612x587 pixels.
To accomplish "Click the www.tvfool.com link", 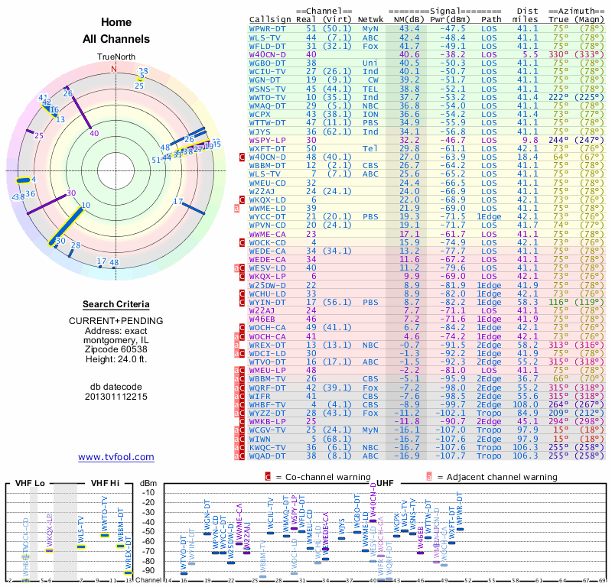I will point(116,457).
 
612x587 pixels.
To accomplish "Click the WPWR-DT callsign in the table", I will point(269,28).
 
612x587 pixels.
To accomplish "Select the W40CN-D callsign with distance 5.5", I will point(268,55).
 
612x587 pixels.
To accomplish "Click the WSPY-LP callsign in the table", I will point(268,141).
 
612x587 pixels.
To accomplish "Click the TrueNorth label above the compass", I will point(116,57).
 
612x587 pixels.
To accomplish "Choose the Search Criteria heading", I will point(116,304).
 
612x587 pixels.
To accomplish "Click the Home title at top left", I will point(116,22).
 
